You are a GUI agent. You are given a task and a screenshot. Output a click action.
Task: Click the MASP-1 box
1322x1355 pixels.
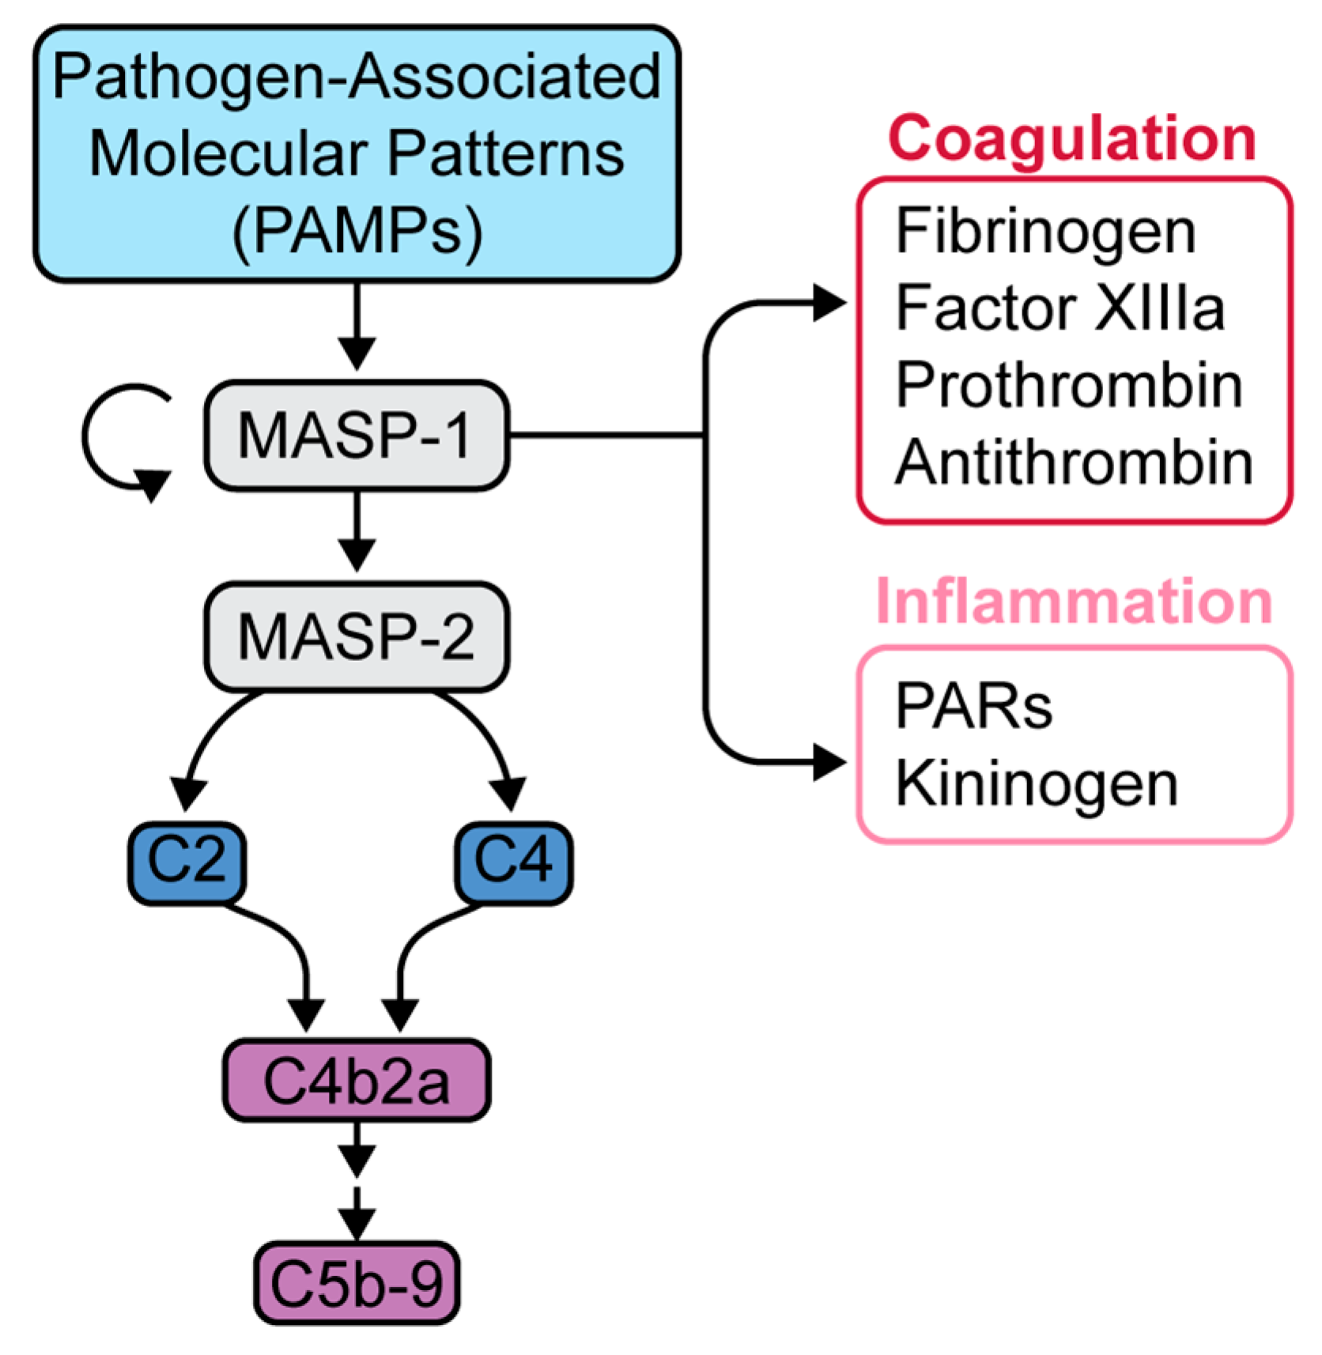(x=357, y=436)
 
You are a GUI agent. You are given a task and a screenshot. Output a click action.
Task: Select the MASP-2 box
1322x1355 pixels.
(x=357, y=636)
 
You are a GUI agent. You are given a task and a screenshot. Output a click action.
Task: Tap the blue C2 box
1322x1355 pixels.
(x=187, y=862)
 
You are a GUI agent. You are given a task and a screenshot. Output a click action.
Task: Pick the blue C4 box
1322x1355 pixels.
(x=514, y=862)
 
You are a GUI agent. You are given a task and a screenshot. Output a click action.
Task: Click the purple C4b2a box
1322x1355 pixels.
(x=357, y=1080)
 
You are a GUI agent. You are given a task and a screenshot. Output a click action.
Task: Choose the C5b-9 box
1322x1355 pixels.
(x=357, y=1282)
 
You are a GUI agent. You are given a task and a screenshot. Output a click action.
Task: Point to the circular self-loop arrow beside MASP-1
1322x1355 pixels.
(x=85, y=436)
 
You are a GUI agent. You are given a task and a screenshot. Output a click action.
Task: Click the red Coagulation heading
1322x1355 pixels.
(x=1072, y=138)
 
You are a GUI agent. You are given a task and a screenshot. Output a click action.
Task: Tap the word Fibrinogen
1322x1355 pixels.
(x=1045, y=232)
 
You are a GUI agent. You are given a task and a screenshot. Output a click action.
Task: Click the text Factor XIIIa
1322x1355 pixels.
(x=1059, y=308)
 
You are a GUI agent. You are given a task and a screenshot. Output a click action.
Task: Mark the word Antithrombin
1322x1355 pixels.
(x=1074, y=462)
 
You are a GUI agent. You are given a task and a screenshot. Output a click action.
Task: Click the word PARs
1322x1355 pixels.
(x=973, y=706)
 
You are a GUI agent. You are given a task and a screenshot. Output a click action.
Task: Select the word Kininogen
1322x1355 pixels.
(x=1037, y=785)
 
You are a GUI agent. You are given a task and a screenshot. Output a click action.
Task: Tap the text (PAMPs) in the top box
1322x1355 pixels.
(x=357, y=231)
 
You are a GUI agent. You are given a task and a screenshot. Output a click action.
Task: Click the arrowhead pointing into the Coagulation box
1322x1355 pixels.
(x=830, y=303)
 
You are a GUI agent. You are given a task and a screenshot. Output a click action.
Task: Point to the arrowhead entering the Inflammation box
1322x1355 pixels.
(x=830, y=763)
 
